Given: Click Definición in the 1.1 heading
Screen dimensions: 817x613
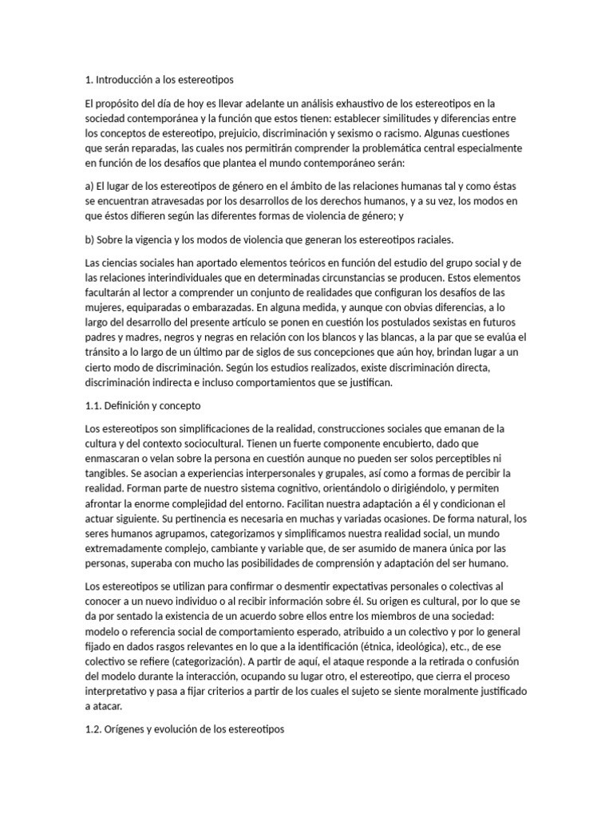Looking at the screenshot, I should pos(129,406).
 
